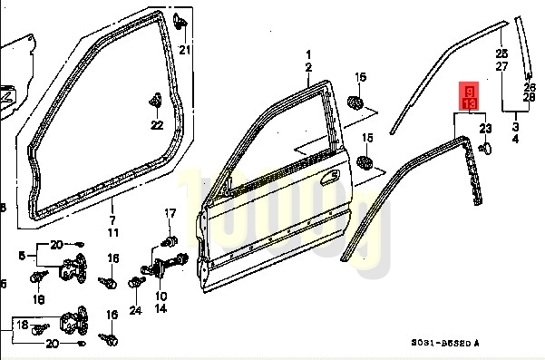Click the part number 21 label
point(185,49)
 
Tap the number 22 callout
point(156,124)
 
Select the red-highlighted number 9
point(469,92)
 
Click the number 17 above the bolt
point(169,213)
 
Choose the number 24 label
point(135,311)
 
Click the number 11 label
point(112,233)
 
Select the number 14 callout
point(161,308)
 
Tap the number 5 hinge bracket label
point(21,257)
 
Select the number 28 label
point(530,98)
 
